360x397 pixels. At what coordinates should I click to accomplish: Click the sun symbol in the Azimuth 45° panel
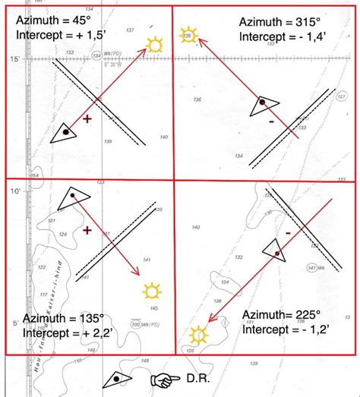point(155,45)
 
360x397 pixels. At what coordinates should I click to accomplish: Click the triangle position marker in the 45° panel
point(66,132)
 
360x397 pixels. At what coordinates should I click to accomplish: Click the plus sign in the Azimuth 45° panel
point(87,119)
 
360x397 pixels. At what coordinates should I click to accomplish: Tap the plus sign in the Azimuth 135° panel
point(87,229)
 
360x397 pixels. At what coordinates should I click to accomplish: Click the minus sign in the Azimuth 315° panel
point(270,121)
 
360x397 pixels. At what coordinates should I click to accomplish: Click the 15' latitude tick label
point(13,59)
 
